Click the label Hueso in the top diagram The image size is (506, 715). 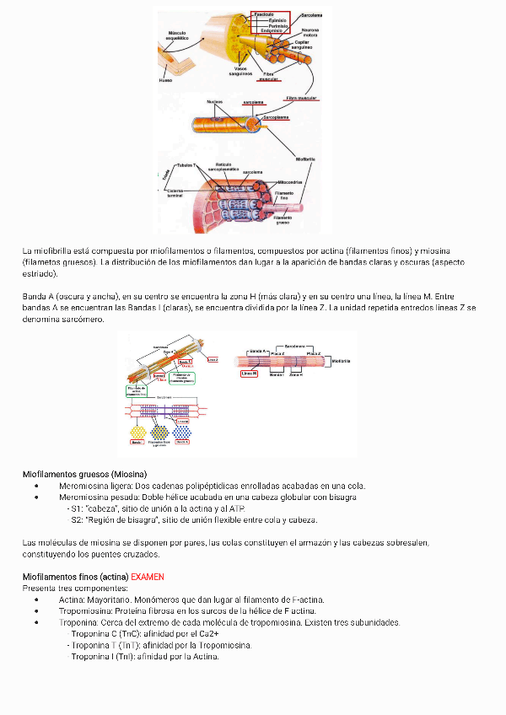pos(165,81)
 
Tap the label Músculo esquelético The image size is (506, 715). pos(177,35)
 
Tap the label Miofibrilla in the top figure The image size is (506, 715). pos(305,159)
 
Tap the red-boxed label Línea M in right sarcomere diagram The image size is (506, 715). pos(249,373)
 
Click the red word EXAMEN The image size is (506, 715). pos(148,577)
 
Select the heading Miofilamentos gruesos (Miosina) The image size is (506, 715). pos(84,474)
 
